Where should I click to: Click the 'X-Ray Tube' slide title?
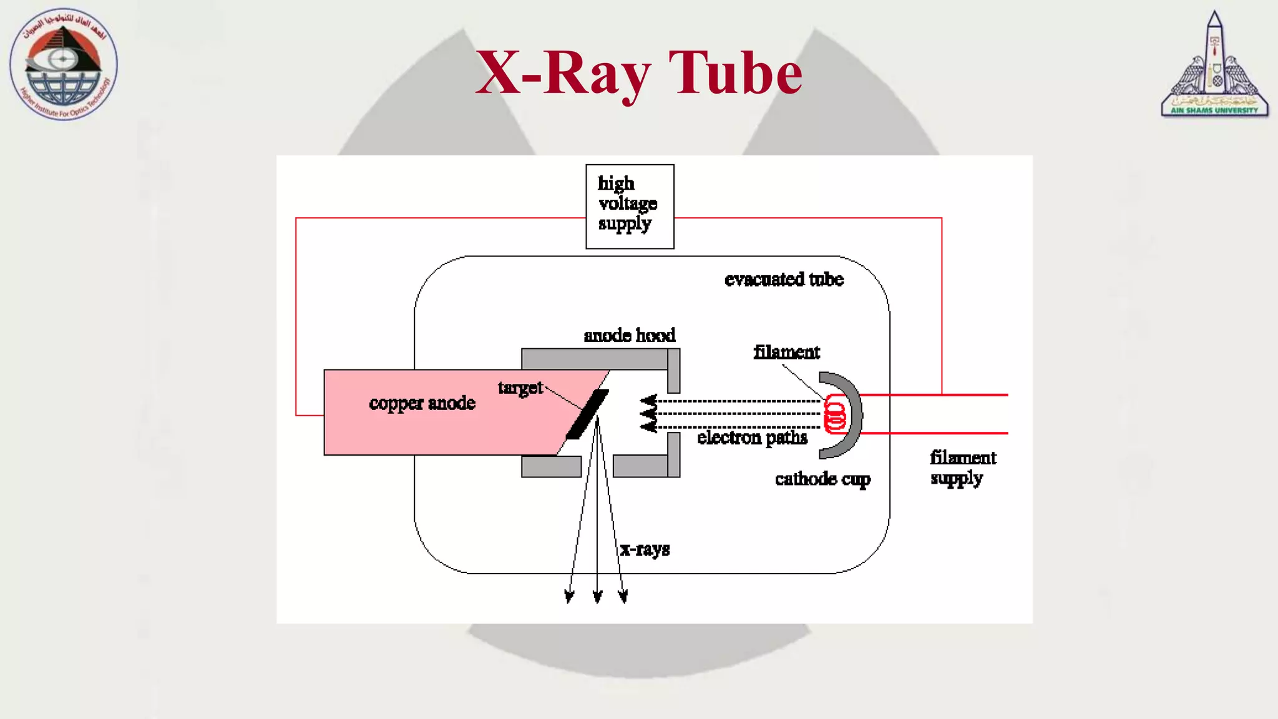tap(638, 74)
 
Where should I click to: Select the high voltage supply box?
tap(630, 206)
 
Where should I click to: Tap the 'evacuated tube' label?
tap(784, 279)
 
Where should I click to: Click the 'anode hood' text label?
tap(629, 336)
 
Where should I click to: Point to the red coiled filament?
tap(834, 414)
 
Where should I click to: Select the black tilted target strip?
tap(587, 414)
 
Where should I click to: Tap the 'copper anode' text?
tap(422, 403)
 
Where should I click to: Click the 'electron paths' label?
tap(752, 438)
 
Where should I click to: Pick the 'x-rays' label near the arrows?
tap(645, 549)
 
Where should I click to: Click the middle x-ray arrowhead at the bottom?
tap(597, 597)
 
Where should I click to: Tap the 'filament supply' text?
tap(962, 467)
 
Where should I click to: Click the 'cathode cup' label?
tap(822, 479)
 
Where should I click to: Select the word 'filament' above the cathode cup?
tap(786, 352)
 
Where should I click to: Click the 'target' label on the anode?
tap(520, 388)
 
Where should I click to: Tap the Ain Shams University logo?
tap(1214, 66)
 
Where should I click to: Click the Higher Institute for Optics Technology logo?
tap(63, 64)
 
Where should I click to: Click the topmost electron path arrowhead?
tap(649, 400)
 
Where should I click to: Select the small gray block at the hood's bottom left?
tap(551, 466)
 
